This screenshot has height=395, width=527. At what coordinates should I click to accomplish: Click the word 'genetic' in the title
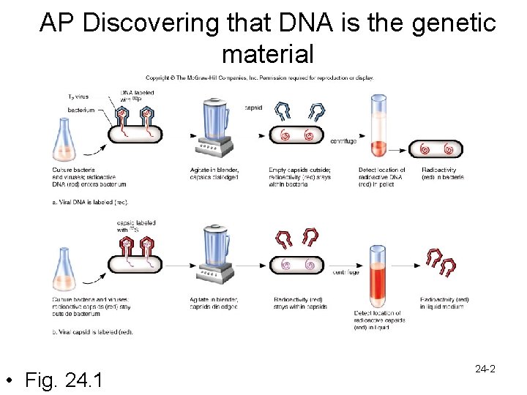455,23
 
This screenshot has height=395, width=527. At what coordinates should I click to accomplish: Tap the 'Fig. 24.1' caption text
64,380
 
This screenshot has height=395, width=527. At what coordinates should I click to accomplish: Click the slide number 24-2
485,369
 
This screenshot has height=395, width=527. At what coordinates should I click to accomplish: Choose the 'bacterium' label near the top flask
81,110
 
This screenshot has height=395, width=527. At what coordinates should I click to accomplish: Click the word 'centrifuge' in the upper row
343,140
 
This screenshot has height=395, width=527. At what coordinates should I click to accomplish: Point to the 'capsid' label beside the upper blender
253,107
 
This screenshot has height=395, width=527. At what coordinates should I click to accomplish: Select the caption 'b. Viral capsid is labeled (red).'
93,332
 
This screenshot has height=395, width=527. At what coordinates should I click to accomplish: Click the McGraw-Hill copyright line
260,78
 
